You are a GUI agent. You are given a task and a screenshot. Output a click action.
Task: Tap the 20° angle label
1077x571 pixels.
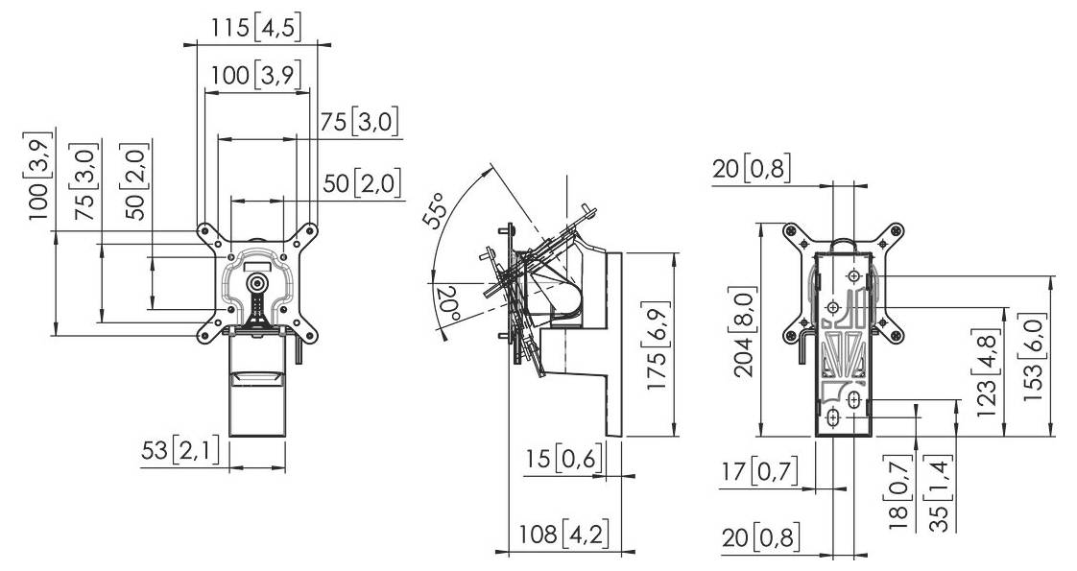point(446,304)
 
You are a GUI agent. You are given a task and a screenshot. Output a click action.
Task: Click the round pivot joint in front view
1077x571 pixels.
point(256,283)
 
